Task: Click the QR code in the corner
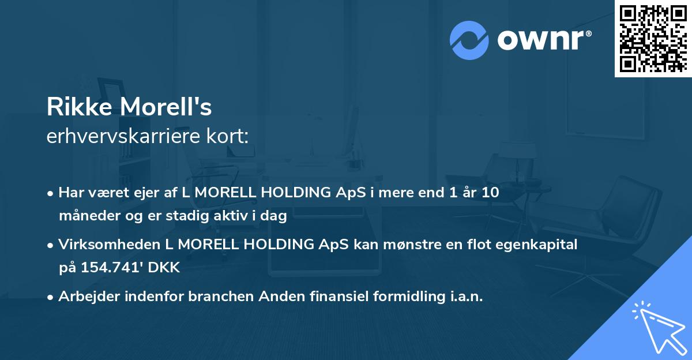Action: point(653,38)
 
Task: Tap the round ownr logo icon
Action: point(469,40)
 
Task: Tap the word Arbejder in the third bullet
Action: point(86,297)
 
